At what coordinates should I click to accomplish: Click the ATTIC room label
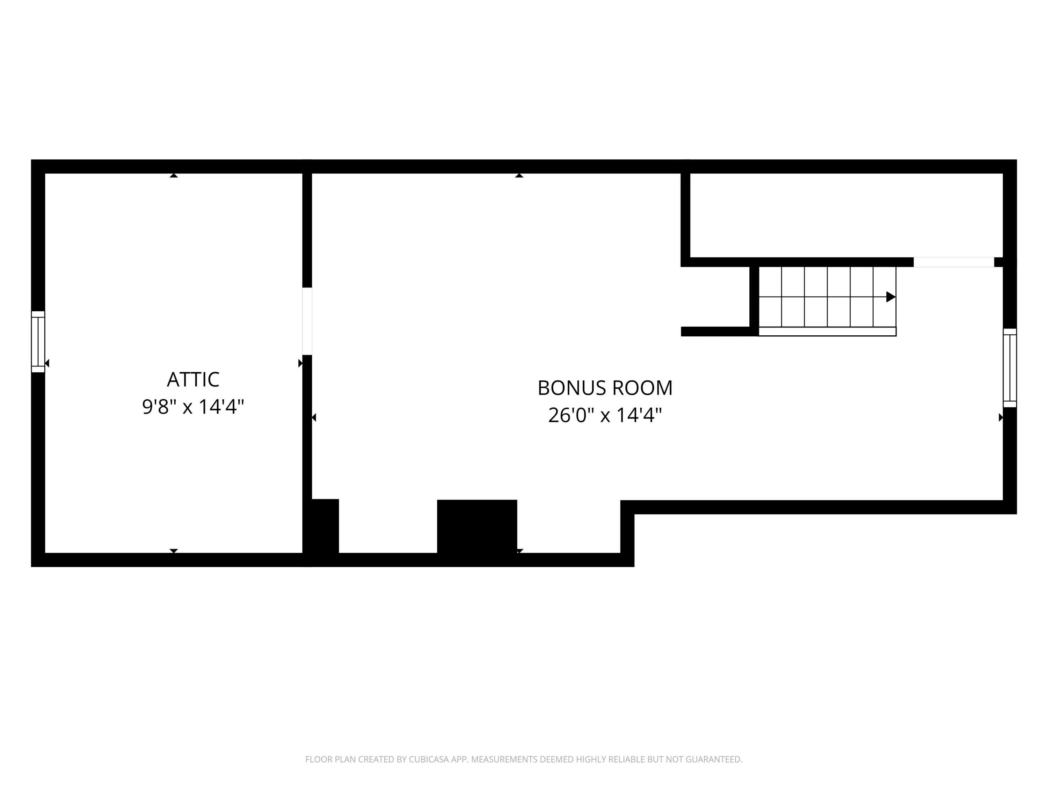click(x=193, y=379)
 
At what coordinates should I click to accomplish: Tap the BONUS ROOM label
click(x=605, y=388)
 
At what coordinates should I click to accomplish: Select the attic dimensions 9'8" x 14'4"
click(x=193, y=407)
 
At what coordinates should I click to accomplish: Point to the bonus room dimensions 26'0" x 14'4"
click(x=605, y=415)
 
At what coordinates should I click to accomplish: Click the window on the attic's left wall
click(x=38, y=342)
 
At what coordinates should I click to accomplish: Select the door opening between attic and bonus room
click(x=307, y=321)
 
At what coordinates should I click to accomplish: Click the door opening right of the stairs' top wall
click(x=954, y=262)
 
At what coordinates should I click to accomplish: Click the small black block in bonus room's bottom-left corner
click(x=325, y=527)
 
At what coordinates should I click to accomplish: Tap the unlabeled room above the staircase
click(x=846, y=215)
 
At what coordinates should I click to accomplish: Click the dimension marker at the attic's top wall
click(x=174, y=175)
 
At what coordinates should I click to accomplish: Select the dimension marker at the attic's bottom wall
click(x=174, y=551)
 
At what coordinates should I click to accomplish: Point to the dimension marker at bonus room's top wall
click(x=519, y=175)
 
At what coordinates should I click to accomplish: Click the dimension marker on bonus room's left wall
click(x=314, y=417)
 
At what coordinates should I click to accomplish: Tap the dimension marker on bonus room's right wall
click(x=1000, y=417)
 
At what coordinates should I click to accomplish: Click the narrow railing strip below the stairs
click(x=827, y=332)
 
